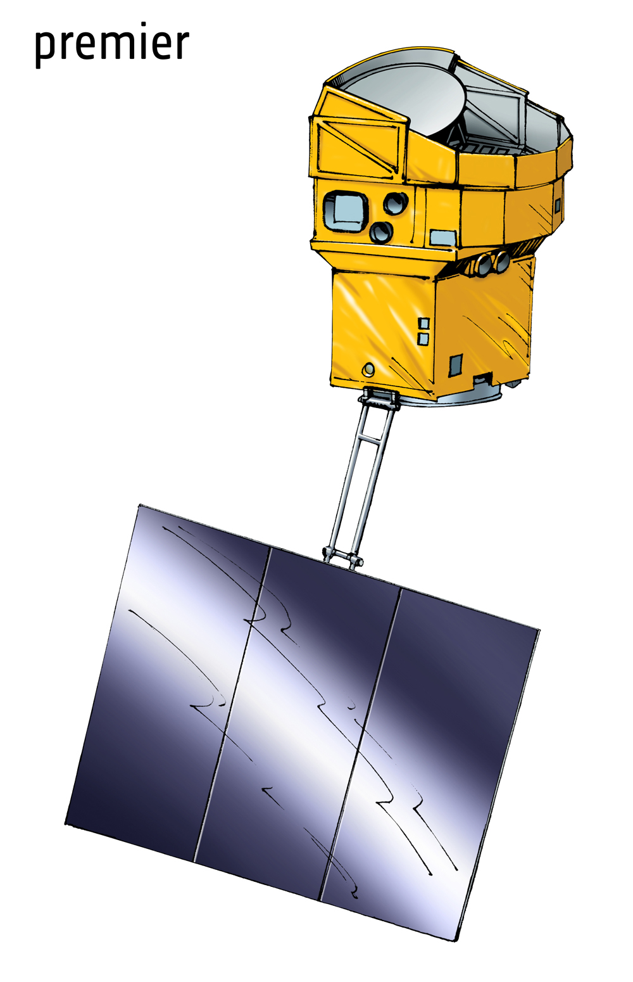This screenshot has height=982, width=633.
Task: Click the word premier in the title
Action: pyautogui.click(x=111, y=45)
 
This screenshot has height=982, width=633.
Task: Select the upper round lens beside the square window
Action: pyautogui.click(x=396, y=203)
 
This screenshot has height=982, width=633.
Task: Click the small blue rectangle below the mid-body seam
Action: pyautogui.click(x=443, y=237)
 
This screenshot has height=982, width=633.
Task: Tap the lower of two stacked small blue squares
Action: pyautogui.click(x=423, y=339)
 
